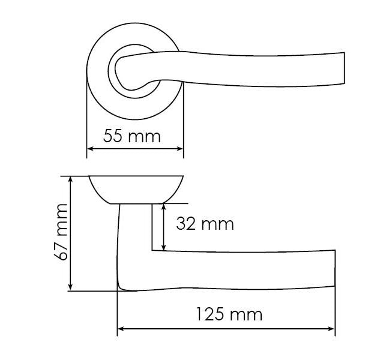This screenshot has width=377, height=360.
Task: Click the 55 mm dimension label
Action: click(x=132, y=136)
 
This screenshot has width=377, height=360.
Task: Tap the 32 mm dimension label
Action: click(x=204, y=224)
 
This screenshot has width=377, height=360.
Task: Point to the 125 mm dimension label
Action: click(x=228, y=314)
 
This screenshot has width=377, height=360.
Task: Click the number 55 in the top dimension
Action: click(x=113, y=136)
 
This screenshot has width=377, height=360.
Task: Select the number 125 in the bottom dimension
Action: click(x=210, y=314)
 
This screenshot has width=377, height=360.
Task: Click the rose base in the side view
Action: click(x=136, y=190)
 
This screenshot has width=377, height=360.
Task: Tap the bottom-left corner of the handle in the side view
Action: click(x=120, y=289)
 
